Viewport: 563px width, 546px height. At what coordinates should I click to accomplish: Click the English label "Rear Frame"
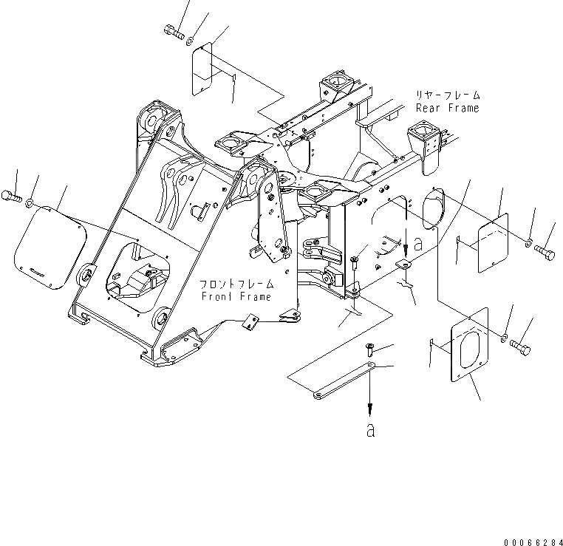447,108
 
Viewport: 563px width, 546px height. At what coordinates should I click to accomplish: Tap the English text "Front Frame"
236,296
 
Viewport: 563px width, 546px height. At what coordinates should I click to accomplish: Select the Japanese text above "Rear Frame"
448,96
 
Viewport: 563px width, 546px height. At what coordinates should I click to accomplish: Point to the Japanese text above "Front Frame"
236,284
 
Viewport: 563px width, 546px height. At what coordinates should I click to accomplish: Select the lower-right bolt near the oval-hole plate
521,344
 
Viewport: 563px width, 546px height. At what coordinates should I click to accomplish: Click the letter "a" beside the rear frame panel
418,246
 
